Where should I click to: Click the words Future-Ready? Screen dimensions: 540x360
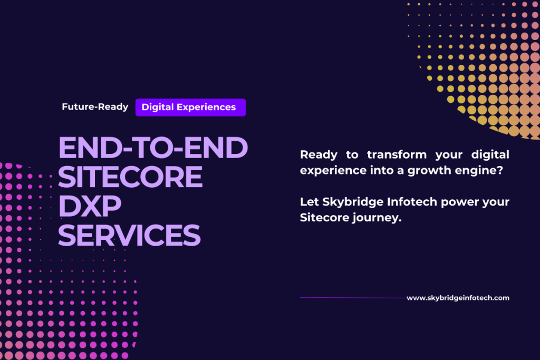coord(95,107)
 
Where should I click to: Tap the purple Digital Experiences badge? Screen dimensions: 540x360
coord(190,108)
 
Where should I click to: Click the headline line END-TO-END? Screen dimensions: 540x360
coord(153,147)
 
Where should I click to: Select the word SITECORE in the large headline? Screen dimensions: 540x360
coord(130,177)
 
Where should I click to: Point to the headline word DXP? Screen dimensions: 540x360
coord(90,206)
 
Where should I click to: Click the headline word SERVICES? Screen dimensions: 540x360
coord(129,235)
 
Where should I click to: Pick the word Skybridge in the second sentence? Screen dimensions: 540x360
coord(353,202)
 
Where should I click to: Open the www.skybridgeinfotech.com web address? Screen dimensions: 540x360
coord(458,298)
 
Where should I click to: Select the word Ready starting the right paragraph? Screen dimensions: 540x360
coord(319,155)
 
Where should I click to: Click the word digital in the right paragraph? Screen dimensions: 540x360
coord(490,155)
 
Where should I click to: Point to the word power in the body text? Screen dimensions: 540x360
coord(459,202)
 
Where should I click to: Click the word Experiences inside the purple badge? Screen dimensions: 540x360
coord(206,108)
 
